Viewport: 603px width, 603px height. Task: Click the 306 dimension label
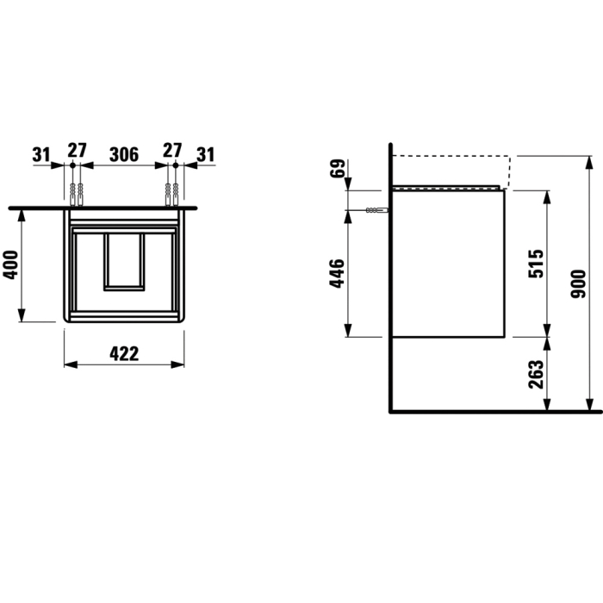click(x=124, y=154)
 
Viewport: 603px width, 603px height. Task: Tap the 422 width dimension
click(x=124, y=354)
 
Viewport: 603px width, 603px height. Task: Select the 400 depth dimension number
click(x=10, y=265)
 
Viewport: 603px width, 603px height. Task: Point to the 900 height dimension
click(x=578, y=283)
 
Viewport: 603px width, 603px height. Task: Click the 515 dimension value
click(x=536, y=264)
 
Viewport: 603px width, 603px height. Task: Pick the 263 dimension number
click(x=536, y=374)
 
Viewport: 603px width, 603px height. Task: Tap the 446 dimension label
click(x=337, y=273)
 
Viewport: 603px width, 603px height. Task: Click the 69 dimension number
click(x=339, y=169)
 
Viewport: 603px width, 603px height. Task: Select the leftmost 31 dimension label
click(x=41, y=154)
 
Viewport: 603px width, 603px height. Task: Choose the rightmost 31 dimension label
click(x=206, y=154)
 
